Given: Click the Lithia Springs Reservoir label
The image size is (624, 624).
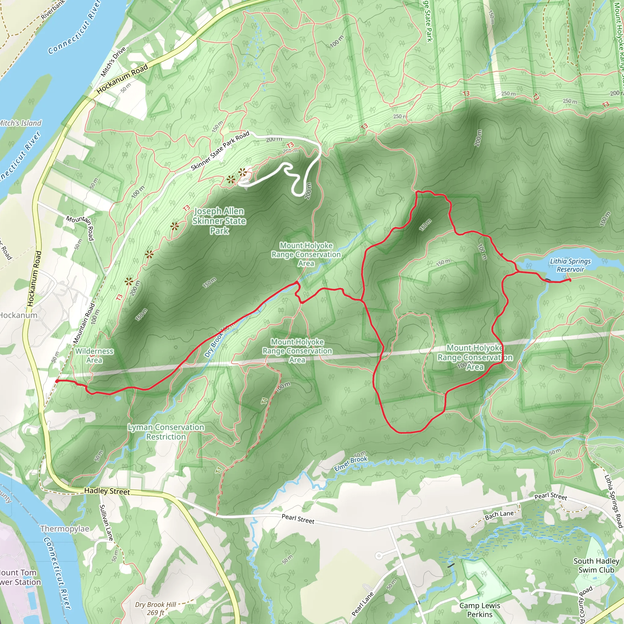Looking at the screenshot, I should [x=570, y=265].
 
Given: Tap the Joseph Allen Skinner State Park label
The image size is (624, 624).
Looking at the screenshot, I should [x=219, y=221].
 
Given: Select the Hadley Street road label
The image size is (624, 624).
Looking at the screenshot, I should [x=107, y=491].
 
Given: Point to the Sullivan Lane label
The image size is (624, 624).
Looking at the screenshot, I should [x=106, y=522].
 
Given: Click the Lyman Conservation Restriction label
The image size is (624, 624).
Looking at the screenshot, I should [x=166, y=432].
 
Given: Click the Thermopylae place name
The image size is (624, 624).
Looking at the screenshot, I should [x=65, y=529].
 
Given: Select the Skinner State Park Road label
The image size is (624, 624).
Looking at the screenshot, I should [x=220, y=151].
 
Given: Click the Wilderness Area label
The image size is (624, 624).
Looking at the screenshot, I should [x=94, y=356].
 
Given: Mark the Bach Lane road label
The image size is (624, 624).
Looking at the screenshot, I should [x=499, y=515].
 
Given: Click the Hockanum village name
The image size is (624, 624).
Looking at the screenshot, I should [x=18, y=315].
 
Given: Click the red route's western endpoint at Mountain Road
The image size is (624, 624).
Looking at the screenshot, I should [x=57, y=381].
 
